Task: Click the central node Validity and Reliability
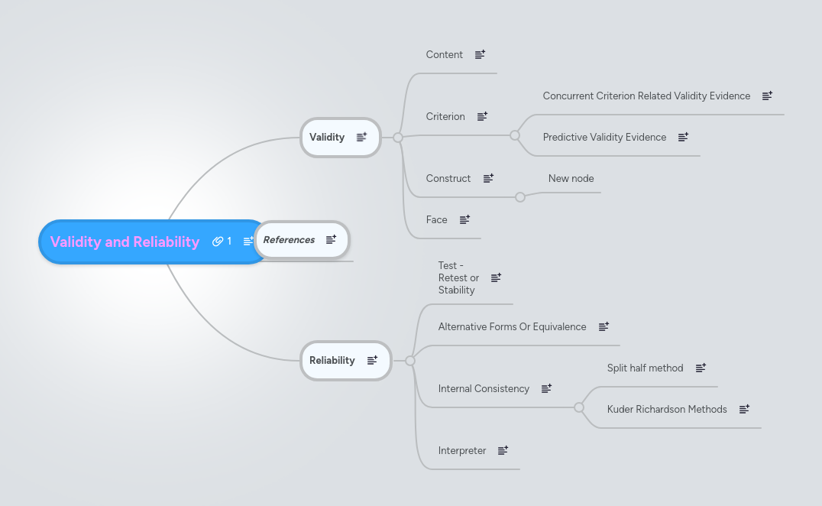click(x=125, y=242)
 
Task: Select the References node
click(x=289, y=240)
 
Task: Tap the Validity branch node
click(x=327, y=138)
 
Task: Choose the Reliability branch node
click(x=332, y=361)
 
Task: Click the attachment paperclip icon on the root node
click(x=218, y=242)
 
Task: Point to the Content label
click(x=445, y=55)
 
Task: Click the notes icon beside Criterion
click(x=482, y=117)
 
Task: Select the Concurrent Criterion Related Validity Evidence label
click(x=646, y=96)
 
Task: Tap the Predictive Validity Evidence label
click(x=604, y=138)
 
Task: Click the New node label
click(x=571, y=179)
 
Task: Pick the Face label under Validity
click(x=437, y=220)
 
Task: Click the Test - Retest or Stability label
click(x=458, y=278)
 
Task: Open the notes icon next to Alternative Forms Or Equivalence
click(x=604, y=327)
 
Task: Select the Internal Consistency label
click(x=484, y=389)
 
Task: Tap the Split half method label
click(x=645, y=368)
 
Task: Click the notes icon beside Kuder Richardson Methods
click(x=744, y=410)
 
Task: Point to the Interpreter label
click(x=462, y=451)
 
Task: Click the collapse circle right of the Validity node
click(x=398, y=138)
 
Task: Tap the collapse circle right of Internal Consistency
click(x=579, y=407)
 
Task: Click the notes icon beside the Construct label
click(x=488, y=179)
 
